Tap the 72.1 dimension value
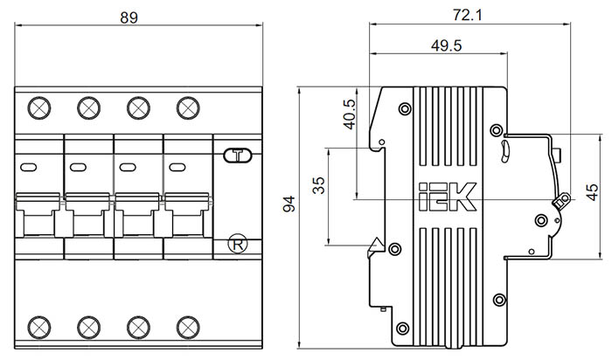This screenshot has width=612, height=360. click(469, 15)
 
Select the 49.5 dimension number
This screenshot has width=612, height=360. click(446, 45)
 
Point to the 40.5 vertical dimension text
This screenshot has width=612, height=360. click(350, 112)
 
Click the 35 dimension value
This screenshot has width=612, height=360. click(319, 185)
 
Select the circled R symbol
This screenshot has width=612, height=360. click(236, 244)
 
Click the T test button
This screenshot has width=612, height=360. click(236, 157)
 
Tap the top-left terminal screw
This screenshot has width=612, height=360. click(38, 108)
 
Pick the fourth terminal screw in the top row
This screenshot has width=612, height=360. click(186, 108)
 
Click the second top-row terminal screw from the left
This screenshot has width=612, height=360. click(87, 108)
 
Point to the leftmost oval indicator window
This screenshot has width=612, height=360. click(29, 167)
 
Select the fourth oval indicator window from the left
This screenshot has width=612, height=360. click(177, 167)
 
